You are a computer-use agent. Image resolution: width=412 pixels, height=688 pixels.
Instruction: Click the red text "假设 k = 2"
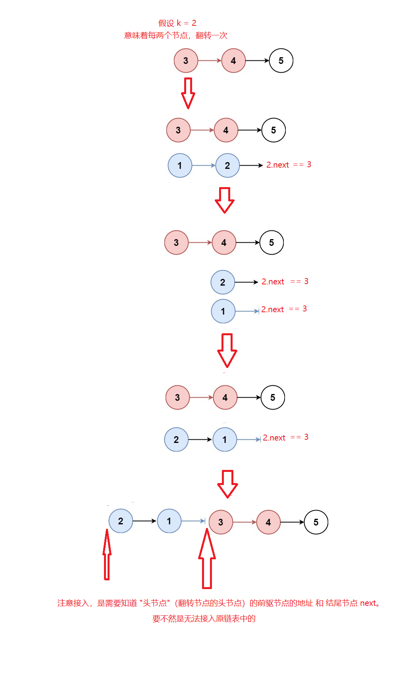coord(177,23)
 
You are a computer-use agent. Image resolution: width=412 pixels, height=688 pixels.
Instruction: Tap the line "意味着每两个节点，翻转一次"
coord(176,35)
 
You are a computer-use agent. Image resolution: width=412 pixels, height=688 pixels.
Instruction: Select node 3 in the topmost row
coord(186,61)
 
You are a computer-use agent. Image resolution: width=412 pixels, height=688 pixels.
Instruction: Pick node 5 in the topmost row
coord(281,61)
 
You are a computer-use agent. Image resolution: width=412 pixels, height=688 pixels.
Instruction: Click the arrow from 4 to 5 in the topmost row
coord(257,61)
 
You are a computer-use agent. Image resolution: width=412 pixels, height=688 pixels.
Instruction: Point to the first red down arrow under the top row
coord(188,93)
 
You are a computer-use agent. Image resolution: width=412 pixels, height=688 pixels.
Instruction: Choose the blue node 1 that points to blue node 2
coord(180,166)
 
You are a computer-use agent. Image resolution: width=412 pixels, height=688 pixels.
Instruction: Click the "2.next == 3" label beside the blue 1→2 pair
coord(289,165)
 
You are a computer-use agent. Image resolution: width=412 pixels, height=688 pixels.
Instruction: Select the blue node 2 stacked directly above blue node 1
coord(223,282)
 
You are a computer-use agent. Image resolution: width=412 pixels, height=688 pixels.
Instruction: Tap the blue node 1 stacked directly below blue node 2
coord(223,311)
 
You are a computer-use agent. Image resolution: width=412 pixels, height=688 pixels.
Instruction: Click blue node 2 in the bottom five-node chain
coord(121,521)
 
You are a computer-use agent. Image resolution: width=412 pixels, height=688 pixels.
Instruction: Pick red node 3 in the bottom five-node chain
coord(221,522)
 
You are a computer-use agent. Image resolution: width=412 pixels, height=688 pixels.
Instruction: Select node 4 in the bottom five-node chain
coord(268,522)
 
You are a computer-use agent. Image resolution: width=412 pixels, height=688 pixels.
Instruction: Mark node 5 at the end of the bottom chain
coord(316,522)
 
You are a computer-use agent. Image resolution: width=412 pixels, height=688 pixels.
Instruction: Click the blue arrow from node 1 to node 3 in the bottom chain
coord(193,521)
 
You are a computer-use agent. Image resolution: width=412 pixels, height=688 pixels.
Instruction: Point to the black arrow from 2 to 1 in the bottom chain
coord(144,521)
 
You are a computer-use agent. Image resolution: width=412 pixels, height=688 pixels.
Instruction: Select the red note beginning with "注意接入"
coord(218,603)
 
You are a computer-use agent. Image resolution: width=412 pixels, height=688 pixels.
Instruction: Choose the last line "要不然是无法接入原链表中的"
coord(204,619)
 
